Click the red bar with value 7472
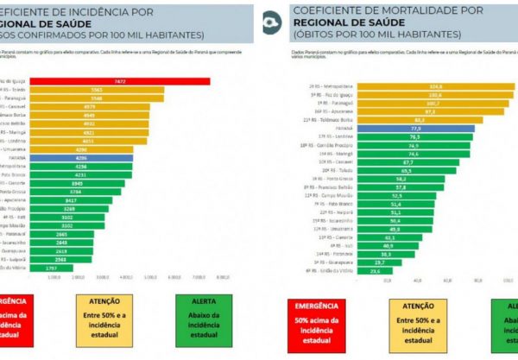point(121,80)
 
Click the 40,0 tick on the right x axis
point(417,280)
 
